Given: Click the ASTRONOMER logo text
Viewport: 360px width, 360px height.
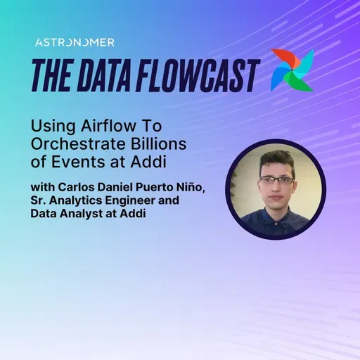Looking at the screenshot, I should click(x=75, y=42).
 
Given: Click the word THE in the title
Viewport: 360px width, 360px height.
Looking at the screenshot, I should click(x=53, y=72).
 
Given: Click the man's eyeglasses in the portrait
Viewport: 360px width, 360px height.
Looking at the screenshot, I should click(x=276, y=181).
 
